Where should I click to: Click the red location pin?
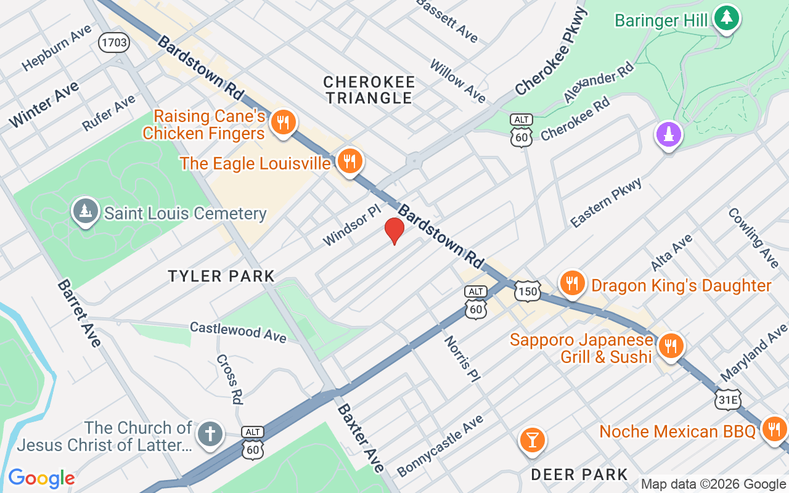394,230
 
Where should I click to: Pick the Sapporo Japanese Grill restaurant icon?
669,346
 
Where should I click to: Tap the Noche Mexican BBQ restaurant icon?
773,429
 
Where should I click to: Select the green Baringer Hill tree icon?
727,18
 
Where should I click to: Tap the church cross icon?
210,434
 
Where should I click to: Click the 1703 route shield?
114,43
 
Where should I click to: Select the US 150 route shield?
529,291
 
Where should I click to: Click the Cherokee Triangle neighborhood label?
369,90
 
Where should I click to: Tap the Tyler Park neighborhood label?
221,276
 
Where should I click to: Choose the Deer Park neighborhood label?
579,474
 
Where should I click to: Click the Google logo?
41,478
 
